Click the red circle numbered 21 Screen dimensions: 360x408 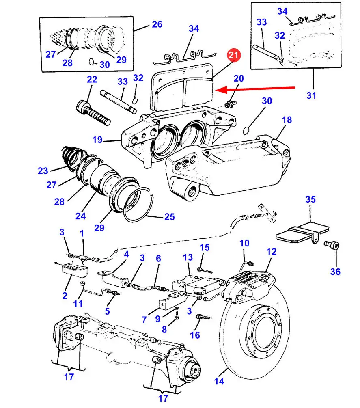(x=234, y=55)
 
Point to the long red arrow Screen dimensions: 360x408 (x=256, y=89)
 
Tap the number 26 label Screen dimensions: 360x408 (x=157, y=24)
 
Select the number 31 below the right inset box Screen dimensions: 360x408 (x=311, y=95)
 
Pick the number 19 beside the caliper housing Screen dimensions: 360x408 (x=97, y=140)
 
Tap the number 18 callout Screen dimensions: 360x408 (x=287, y=120)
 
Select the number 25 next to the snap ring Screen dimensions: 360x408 (x=169, y=216)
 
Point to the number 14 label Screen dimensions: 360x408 (x=219, y=381)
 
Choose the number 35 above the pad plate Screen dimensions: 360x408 (x=310, y=199)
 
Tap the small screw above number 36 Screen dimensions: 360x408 (x=332, y=244)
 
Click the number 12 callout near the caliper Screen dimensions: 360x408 (x=271, y=252)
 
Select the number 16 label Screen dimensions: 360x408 (x=195, y=335)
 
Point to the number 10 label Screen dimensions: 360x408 (x=244, y=243)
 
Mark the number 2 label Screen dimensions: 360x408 (x=65, y=296)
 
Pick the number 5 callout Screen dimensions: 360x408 (x=107, y=311)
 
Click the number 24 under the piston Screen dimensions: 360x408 (x=80, y=216)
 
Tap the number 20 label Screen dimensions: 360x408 (x=239, y=78)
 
